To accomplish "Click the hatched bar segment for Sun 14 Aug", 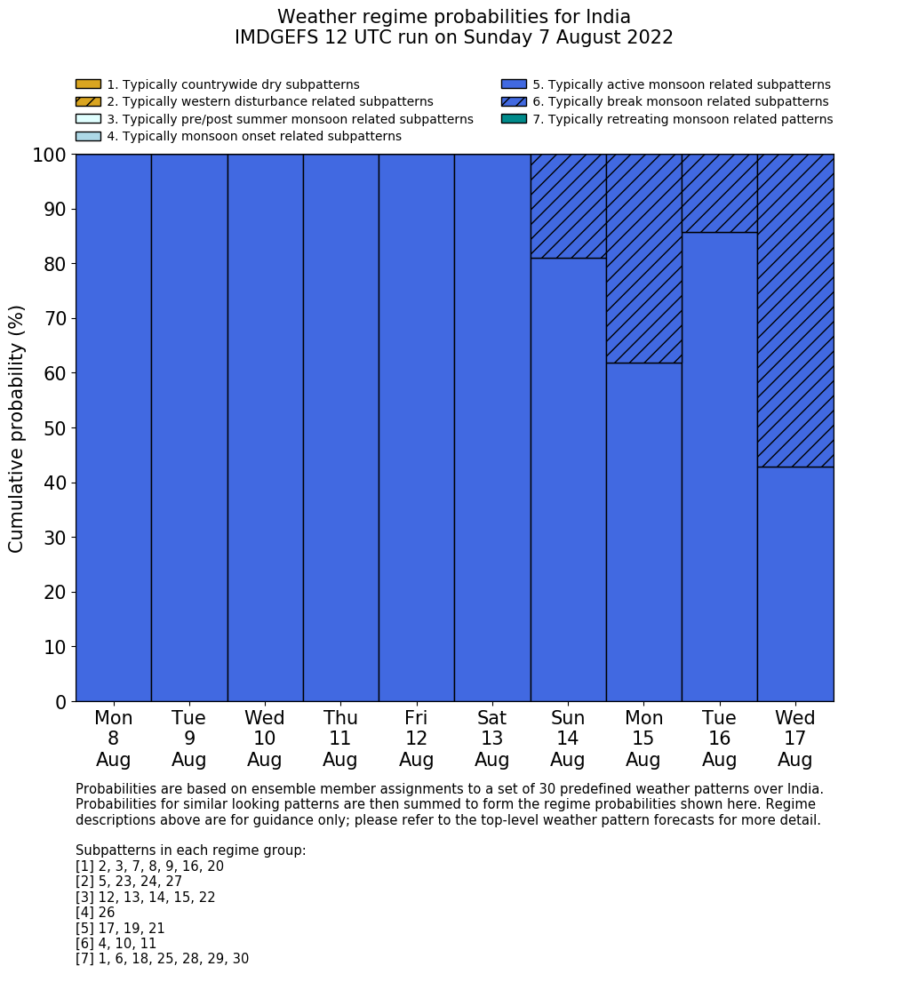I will coord(568,206).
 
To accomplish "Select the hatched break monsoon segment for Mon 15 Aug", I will coord(643,259).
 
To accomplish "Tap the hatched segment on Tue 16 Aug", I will coord(719,194).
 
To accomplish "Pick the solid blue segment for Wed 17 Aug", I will coord(795,584).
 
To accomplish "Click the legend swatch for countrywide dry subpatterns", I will coord(88,84).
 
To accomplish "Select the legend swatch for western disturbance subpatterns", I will coord(88,101).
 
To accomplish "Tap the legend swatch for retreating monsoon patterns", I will coord(514,119).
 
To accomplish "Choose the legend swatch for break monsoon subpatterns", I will coord(514,101).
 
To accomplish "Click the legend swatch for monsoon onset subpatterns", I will coord(88,136).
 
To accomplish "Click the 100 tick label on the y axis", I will coord(50,155).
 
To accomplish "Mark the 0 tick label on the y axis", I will coord(60,702).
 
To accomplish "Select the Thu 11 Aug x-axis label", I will coord(340,739).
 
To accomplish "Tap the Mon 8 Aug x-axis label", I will coord(113,739).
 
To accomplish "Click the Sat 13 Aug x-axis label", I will coord(491,739).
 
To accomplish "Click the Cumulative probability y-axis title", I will coord(17,428).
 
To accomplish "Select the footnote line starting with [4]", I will coord(95,913).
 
